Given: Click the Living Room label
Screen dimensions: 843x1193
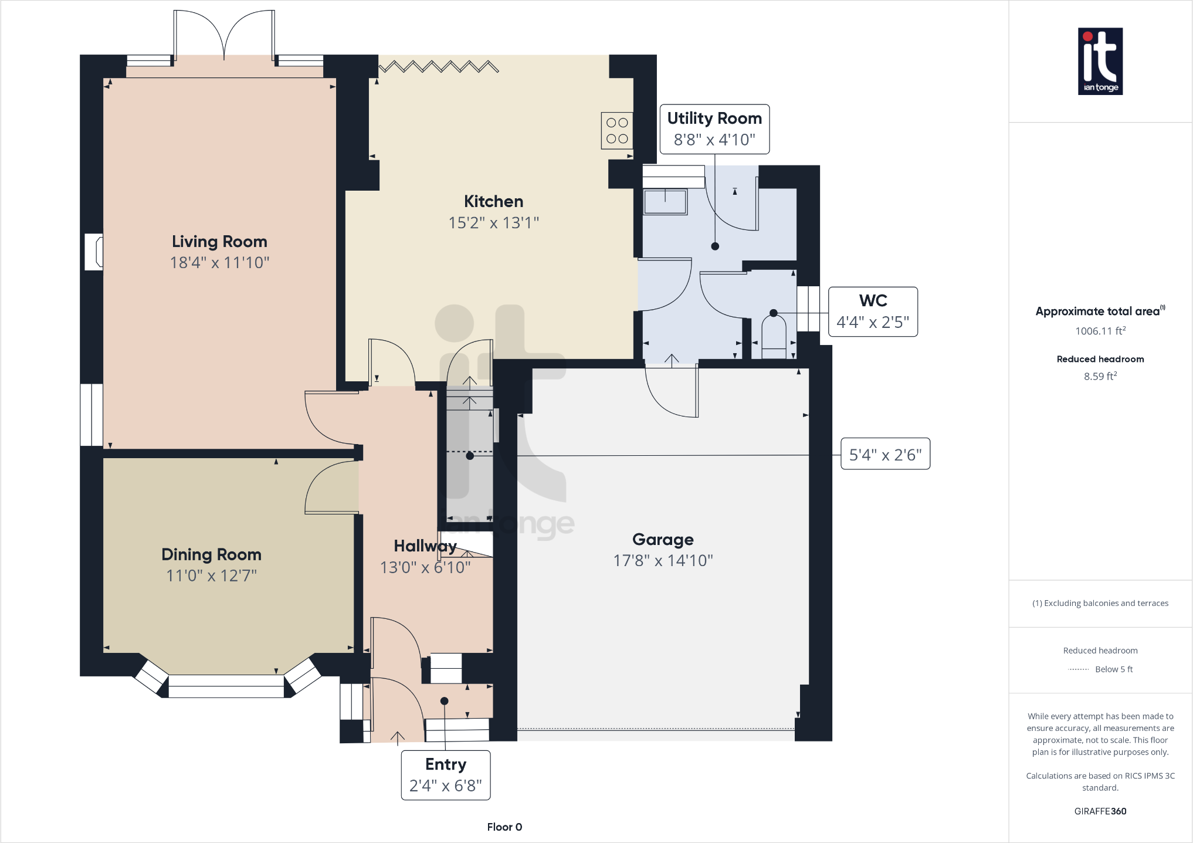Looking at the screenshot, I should tap(219, 242).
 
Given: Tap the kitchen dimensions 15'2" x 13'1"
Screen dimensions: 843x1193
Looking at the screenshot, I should tap(493, 223).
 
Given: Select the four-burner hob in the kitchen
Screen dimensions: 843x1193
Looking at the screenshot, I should tap(617, 130).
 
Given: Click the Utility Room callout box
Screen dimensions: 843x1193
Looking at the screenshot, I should tap(714, 129).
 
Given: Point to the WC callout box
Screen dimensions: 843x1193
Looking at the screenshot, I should tap(873, 312).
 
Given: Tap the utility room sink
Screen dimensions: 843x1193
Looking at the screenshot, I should tap(665, 202).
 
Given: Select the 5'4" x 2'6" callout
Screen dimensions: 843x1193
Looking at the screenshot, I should tap(885, 454).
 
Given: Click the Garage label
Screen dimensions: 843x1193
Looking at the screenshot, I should tap(663, 539).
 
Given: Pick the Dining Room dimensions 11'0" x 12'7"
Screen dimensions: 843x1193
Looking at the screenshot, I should tap(211, 575).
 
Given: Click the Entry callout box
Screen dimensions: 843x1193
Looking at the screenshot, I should tap(446, 775).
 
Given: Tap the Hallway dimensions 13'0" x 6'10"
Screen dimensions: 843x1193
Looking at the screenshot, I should tap(425, 567).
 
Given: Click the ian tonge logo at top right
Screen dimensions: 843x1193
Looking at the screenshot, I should tap(1100, 61).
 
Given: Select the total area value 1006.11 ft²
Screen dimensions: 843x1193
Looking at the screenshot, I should tap(1100, 331).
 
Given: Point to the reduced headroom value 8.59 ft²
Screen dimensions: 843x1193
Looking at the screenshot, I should tap(1100, 377).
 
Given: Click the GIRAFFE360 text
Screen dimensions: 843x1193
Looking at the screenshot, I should tap(1100, 811).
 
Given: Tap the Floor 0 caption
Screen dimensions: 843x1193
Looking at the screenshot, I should tap(504, 827).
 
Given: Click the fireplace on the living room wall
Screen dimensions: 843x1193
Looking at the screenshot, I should tap(94, 252).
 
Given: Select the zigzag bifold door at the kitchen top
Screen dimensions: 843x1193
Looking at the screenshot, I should tap(439, 66).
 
